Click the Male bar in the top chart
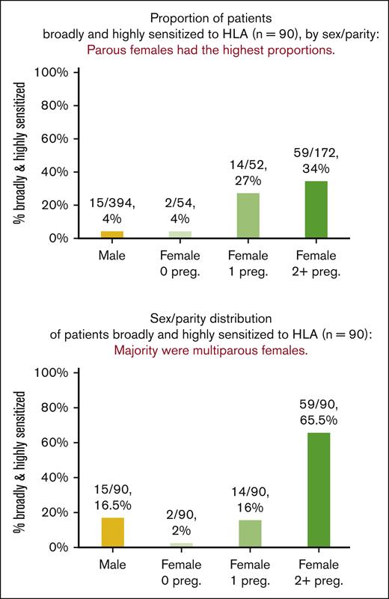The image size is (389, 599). (111, 235)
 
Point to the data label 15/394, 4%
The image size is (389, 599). (112, 210)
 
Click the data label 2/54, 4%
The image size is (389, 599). (180, 210)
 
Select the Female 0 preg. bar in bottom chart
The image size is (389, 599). (180, 545)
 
